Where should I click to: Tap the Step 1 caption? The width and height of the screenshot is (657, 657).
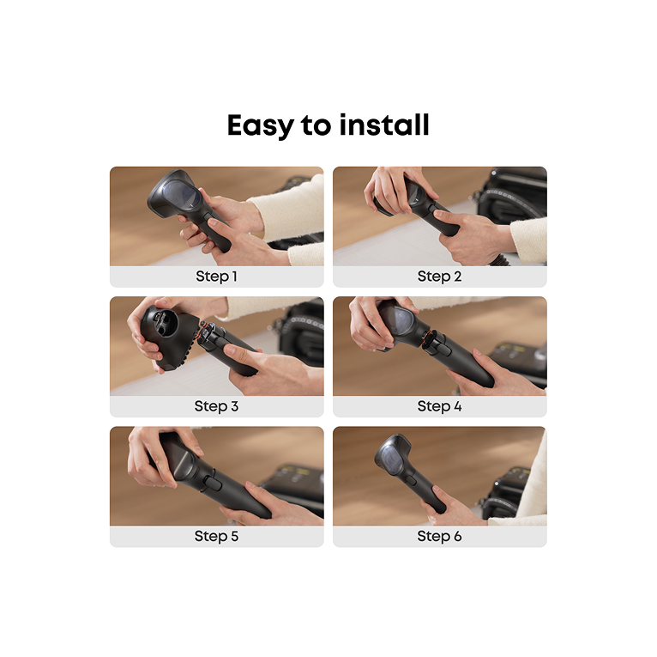(216, 276)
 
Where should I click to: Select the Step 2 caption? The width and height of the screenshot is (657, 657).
(439, 276)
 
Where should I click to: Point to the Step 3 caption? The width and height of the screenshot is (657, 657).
(216, 406)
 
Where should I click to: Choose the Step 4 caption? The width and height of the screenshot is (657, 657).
(439, 406)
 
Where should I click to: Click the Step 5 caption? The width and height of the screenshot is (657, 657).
(216, 536)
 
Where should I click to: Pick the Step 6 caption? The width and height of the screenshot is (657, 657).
(439, 536)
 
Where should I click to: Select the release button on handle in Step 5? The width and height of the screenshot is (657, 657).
(214, 484)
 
